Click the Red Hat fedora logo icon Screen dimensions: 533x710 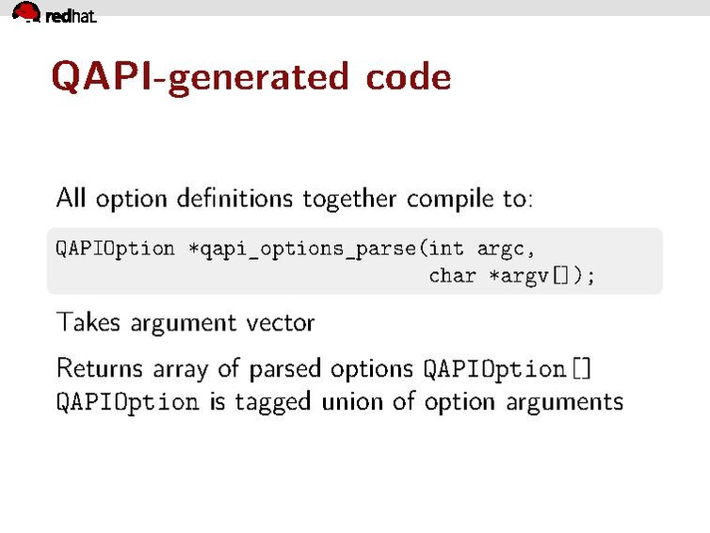click(x=25, y=12)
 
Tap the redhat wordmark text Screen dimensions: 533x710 click(x=71, y=15)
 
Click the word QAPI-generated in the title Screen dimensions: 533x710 click(x=200, y=76)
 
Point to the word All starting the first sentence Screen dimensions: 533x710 click(x=72, y=199)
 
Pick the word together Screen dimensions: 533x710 click(x=350, y=200)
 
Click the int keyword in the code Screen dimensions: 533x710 click(x=445, y=249)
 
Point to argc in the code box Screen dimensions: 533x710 click(x=507, y=250)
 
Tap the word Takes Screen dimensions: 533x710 click(x=87, y=322)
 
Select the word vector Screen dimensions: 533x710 click(x=280, y=322)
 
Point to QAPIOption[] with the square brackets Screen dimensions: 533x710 click(x=508, y=368)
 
